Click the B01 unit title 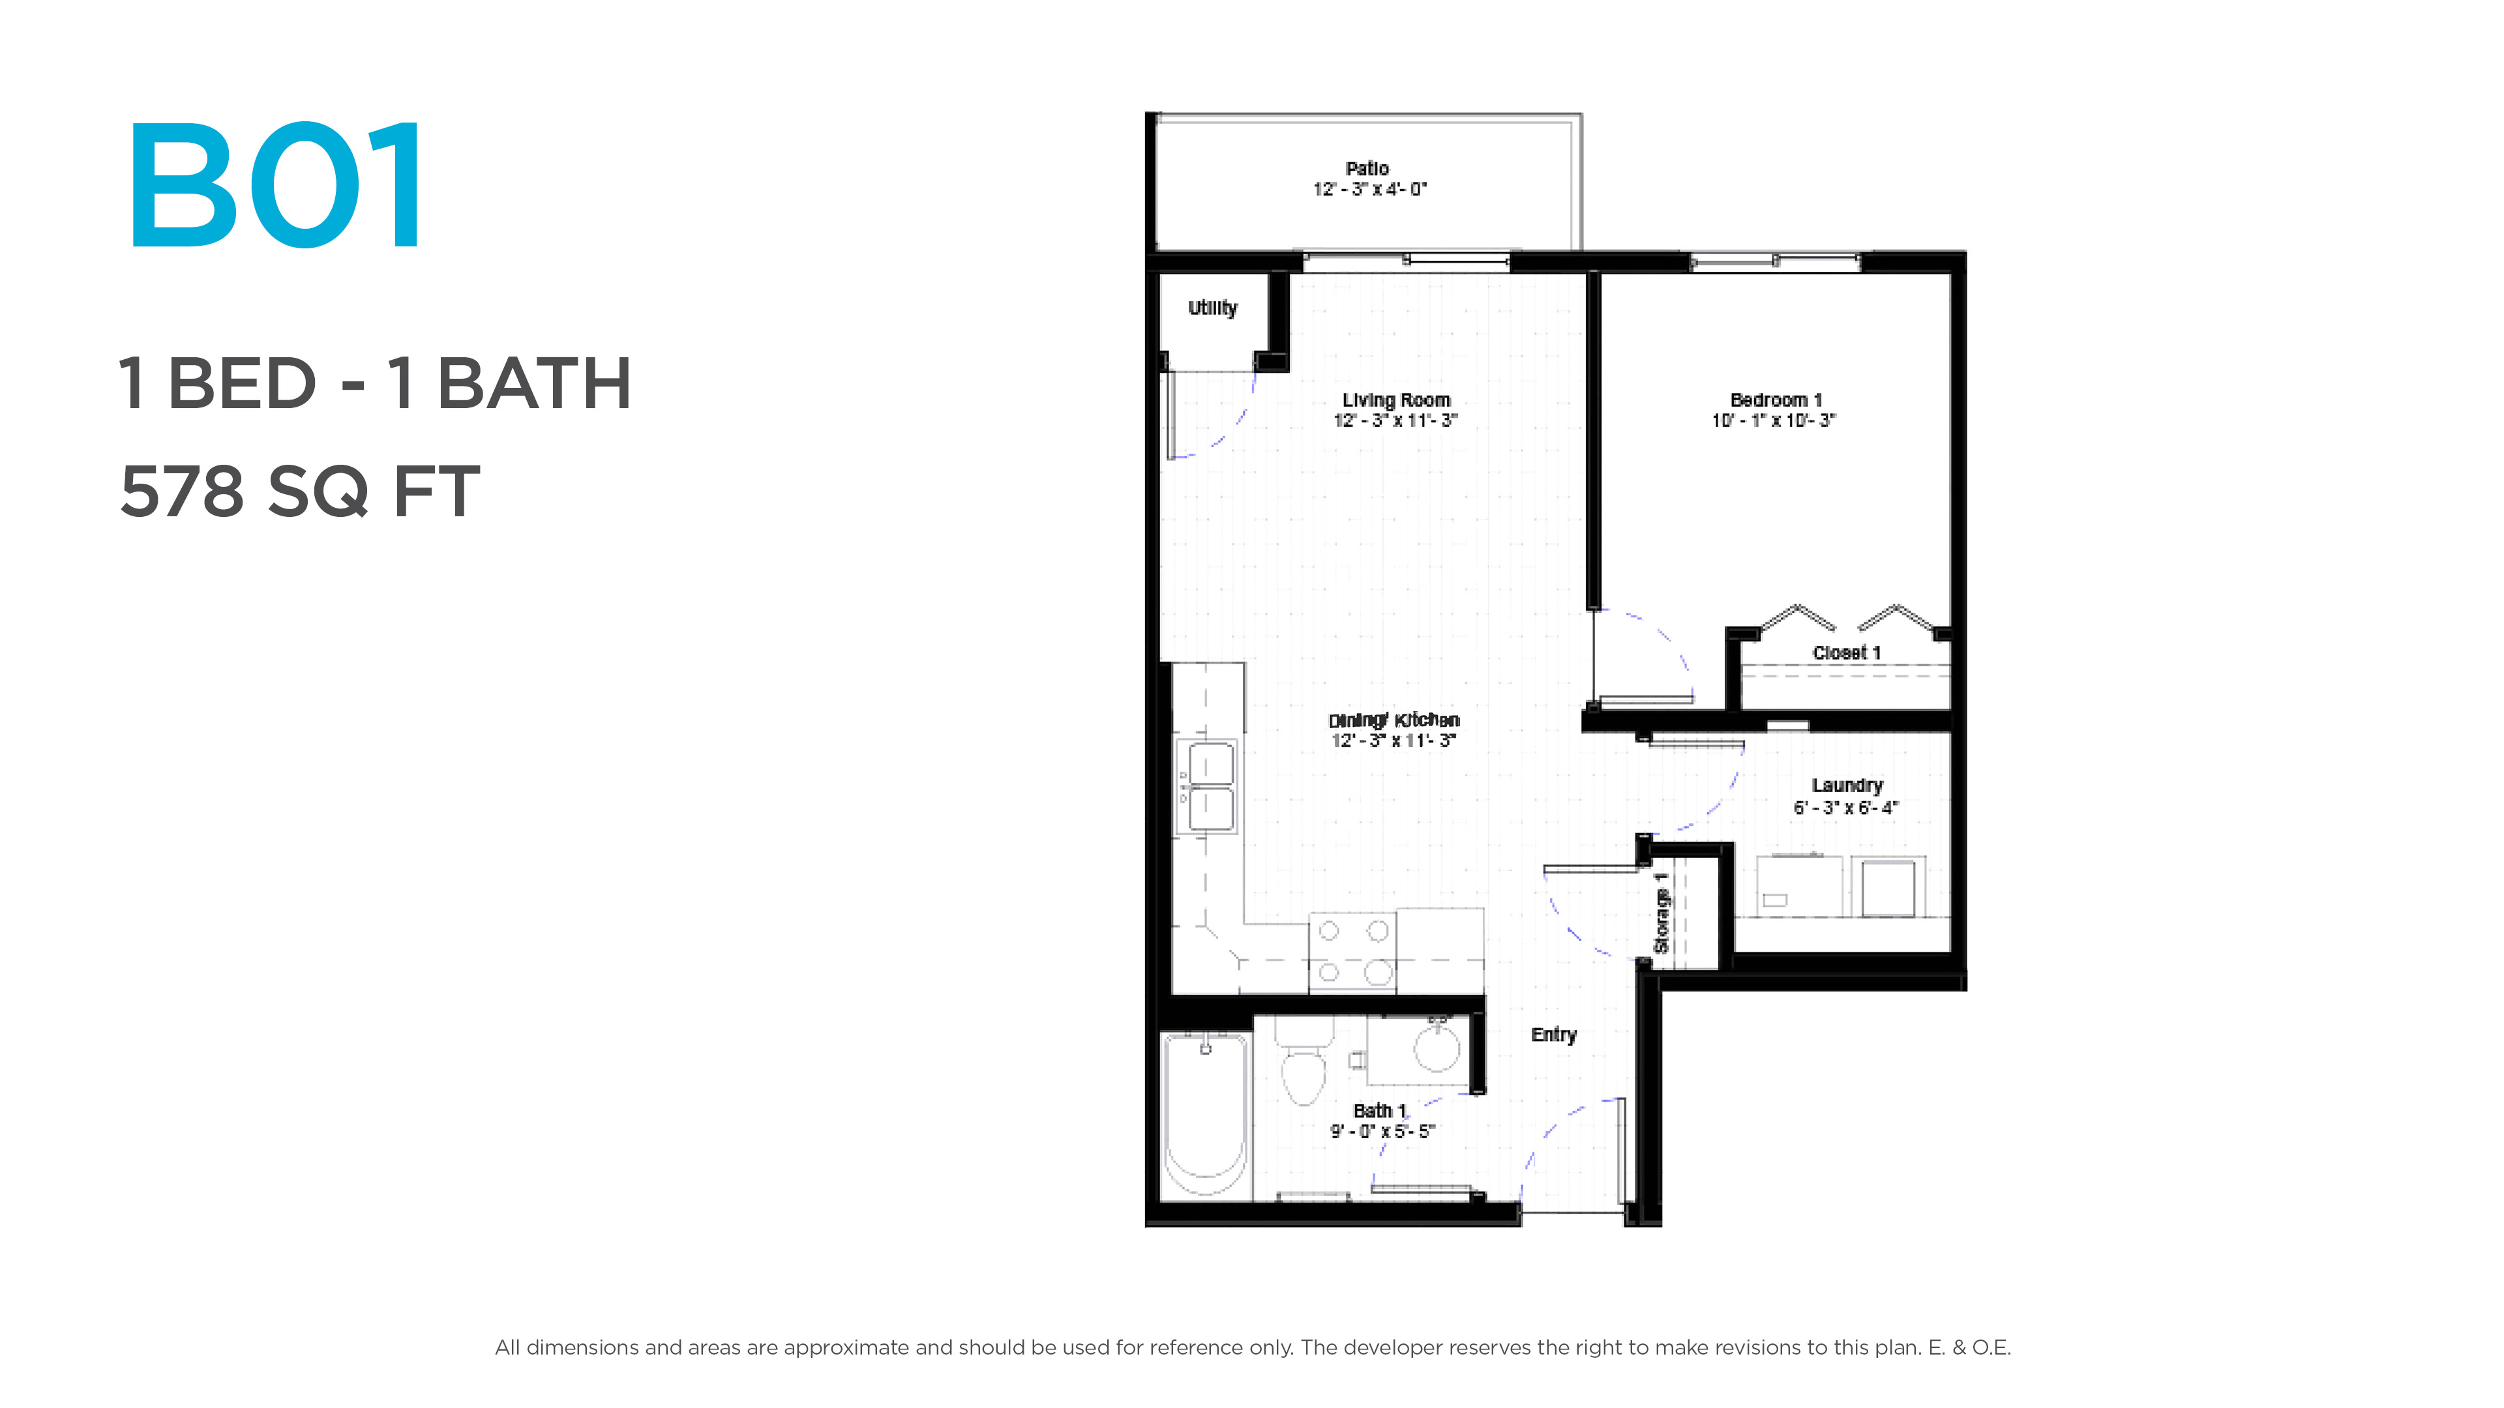276,184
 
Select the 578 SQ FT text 299,491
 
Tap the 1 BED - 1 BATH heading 375,383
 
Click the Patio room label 1367,168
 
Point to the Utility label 1212,308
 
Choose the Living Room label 1396,400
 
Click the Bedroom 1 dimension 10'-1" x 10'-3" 1774,420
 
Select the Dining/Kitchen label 1394,720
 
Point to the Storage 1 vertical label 1662,913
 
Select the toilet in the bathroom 1304,1061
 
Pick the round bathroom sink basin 1437,1046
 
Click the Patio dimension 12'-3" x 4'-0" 1369,190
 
